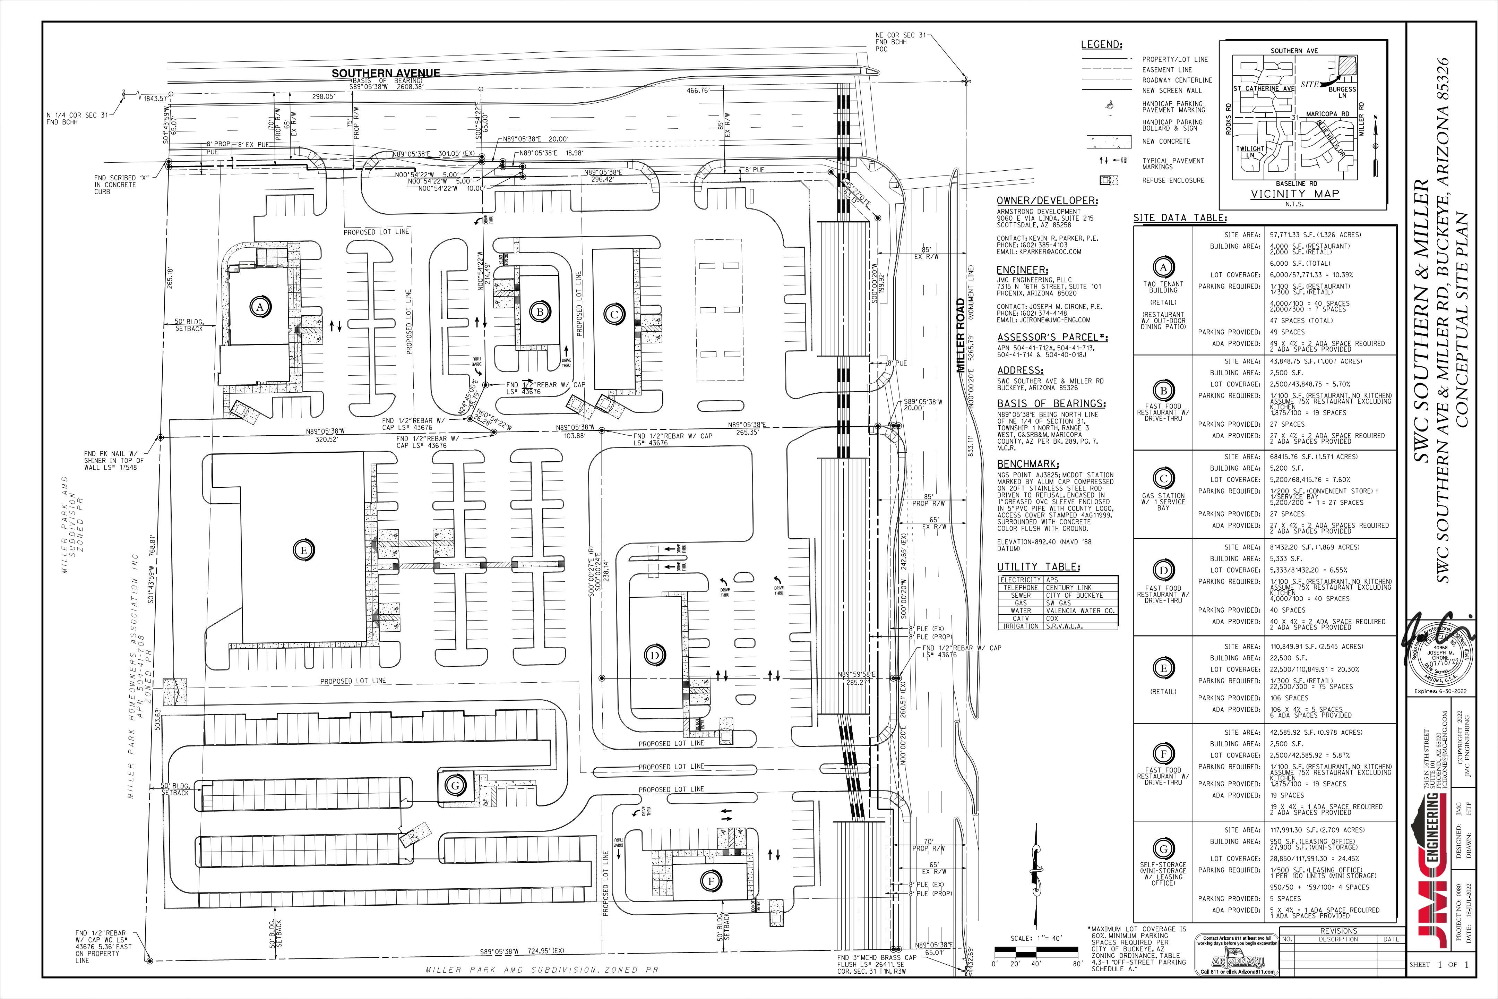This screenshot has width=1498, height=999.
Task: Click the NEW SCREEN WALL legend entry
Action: pos(1172,91)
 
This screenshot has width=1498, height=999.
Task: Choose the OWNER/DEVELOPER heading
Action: pos(1047,201)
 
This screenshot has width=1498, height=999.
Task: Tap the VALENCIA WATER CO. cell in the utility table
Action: pos(1079,610)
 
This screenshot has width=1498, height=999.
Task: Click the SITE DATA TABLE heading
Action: pos(1180,218)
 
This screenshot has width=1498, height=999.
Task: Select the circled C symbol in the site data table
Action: pos(1163,478)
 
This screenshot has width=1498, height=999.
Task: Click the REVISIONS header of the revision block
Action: pos(1339,931)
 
